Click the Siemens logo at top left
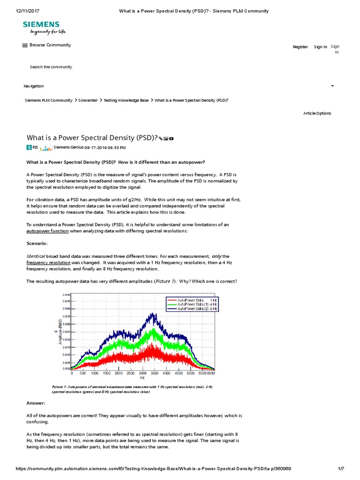(x=41, y=28)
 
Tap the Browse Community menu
(x=46, y=45)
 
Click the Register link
(x=300, y=47)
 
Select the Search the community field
(x=51, y=67)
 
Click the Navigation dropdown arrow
(x=332, y=86)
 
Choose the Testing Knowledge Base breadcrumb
(x=126, y=100)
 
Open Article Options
(x=317, y=113)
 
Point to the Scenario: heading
(x=37, y=244)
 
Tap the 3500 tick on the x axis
(x=166, y=374)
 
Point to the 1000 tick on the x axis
(x=95, y=374)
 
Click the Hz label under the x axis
(x=142, y=378)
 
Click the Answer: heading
(x=35, y=403)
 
